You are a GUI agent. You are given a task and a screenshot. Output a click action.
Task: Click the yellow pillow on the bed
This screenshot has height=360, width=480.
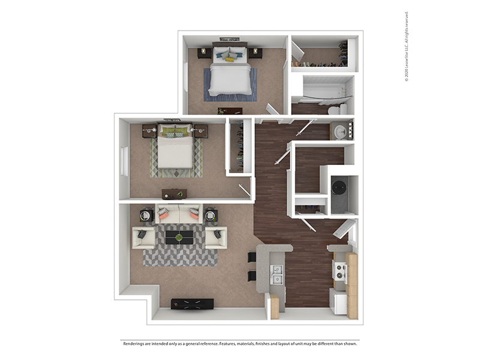(230, 59)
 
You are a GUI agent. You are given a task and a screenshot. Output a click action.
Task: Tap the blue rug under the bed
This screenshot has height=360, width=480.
(230, 85)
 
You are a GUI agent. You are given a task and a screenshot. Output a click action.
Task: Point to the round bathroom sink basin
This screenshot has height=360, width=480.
(340, 132)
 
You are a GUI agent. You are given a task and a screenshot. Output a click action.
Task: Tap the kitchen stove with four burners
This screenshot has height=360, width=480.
(340, 272)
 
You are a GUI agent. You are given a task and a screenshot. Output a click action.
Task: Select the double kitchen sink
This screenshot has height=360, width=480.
(277, 275)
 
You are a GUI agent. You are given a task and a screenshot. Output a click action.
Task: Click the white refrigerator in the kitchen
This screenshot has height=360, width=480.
(338, 301)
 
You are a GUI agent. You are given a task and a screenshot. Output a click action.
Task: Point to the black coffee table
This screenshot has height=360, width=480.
(179, 237)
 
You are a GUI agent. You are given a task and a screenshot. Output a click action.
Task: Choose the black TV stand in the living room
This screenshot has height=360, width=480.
(192, 304)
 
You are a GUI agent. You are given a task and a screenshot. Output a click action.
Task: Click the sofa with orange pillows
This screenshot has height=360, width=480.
(179, 214)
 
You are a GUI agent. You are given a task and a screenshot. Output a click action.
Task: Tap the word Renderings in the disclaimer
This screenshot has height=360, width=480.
(134, 344)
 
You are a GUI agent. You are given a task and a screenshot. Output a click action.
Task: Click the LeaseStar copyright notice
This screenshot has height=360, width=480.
(407, 47)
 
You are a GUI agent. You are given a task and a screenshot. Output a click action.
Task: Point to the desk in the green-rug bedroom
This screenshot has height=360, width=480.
(175, 194)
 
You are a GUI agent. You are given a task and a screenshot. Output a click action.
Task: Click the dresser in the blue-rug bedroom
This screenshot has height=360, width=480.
(230, 110)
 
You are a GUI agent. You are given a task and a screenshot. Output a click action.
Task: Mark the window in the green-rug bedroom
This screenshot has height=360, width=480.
(124, 161)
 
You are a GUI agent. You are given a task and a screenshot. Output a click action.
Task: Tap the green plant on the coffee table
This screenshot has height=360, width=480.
(179, 237)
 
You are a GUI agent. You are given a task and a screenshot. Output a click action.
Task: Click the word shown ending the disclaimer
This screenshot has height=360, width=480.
(350, 344)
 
